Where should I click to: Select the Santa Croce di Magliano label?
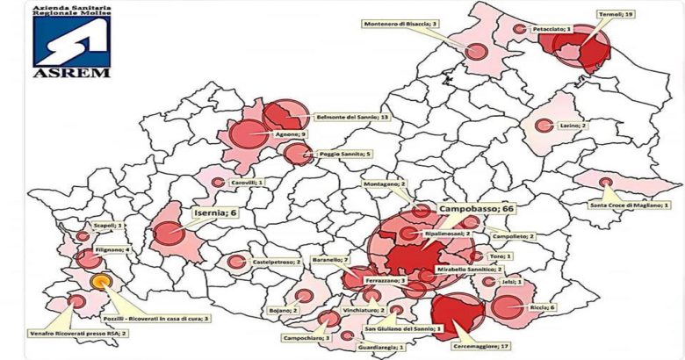628,205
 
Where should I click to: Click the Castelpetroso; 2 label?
278,262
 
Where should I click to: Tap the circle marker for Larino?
544,126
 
